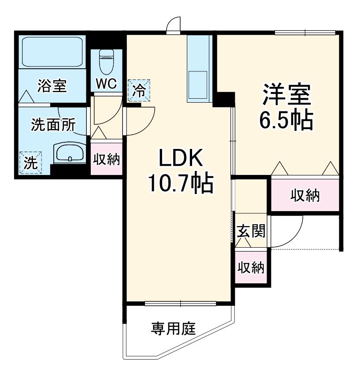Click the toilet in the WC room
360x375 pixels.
(x=106, y=62)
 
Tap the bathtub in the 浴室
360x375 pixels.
(x=52, y=52)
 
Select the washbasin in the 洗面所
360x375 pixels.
(x=70, y=152)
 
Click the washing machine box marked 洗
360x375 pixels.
(x=31, y=163)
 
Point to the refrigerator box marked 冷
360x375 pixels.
(x=139, y=90)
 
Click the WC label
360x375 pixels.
(x=106, y=83)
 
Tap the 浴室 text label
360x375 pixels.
(x=52, y=85)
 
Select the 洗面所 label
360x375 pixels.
(x=53, y=125)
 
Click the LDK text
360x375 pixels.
(x=181, y=158)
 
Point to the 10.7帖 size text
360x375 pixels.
(x=181, y=184)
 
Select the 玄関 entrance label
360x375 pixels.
(x=251, y=231)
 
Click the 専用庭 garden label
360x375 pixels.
(x=174, y=328)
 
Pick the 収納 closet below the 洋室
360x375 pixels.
(x=305, y=195)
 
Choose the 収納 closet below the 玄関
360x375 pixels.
(x=251, y=267)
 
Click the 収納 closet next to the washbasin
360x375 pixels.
(x=107, y=159)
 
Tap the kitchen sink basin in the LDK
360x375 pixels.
(x=197, y=85)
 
